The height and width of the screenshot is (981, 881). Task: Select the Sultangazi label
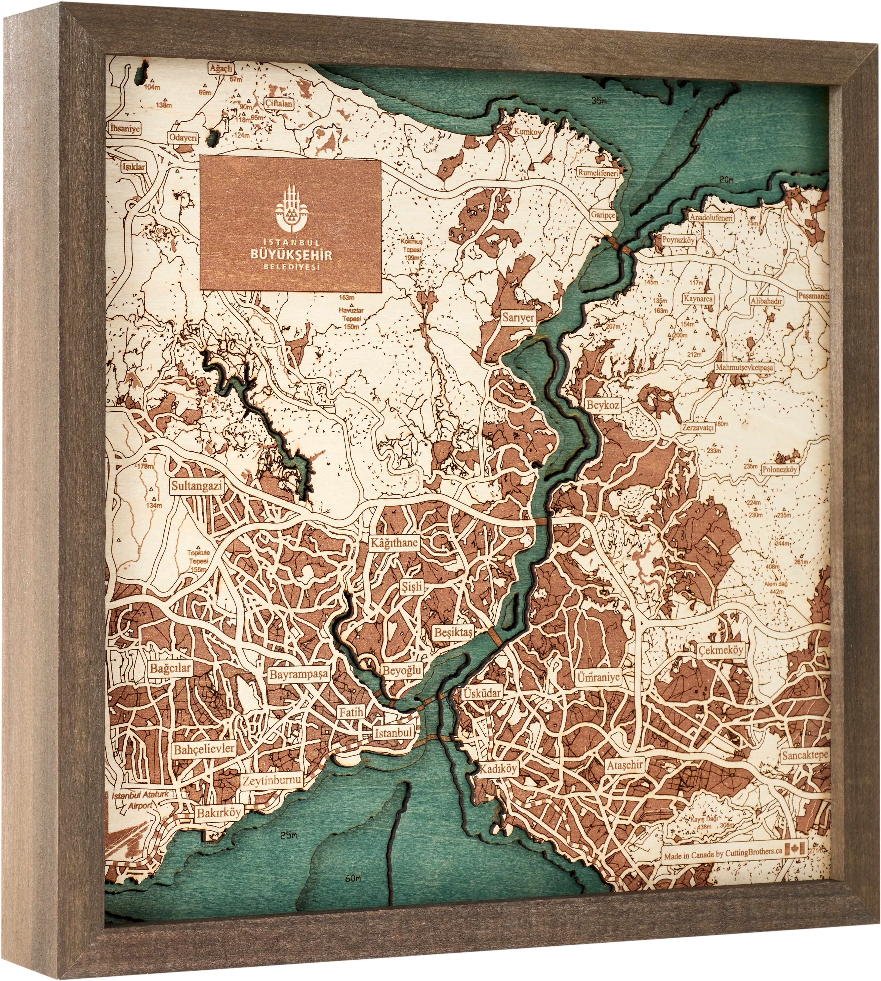[196, 486]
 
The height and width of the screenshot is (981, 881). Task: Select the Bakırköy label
[218, 812]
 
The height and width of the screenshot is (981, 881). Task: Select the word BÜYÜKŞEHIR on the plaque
[291, 254]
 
